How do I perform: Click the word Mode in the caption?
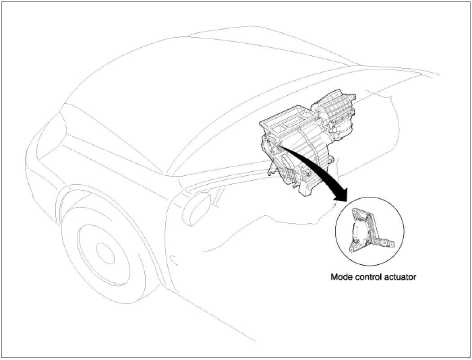tap(340, 277)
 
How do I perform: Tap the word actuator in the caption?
tap(399, 277)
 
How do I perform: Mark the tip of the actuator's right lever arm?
tap(391, 244)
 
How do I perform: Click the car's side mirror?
tap(198, 208)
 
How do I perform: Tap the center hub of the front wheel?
tap(105, 253)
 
